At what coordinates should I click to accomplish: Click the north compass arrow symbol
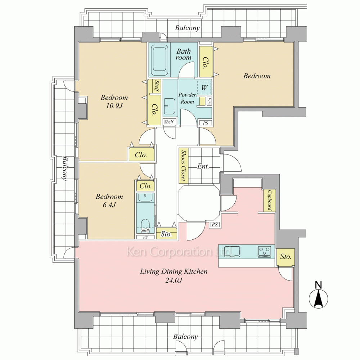click(x=319, y=298)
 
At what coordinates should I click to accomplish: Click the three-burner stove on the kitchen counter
click(x=265, y=252)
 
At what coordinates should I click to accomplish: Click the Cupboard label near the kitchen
click(x=270, y=200)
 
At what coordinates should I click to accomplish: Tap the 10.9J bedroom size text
click(x=114, y=105)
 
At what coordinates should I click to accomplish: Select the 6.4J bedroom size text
click(x=109, y=204)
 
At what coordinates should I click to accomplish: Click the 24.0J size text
click(x=174, y=280)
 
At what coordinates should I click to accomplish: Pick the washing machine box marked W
click(x=204, y=87)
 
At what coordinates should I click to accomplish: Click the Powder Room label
click(x=187, y=98)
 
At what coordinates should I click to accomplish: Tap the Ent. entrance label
click(x=203, y=166)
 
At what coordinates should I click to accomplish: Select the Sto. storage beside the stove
click(x=285, y=257)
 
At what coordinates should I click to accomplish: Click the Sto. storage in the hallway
click(x=166, y=234)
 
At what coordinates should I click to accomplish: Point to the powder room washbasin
click(x=170, y=106)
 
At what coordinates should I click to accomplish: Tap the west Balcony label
click(x=65, y=168)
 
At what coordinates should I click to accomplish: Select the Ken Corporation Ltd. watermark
click(x=180, y=252)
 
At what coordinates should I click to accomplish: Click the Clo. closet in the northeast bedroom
click(x=206, y=62)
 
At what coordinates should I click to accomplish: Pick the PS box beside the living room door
click(x=215, y=225)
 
